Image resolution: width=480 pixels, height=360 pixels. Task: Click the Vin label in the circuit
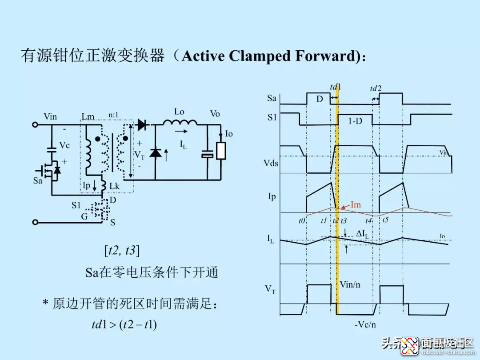[x=50, y=116]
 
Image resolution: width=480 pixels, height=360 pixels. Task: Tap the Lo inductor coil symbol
[x=180, y=123]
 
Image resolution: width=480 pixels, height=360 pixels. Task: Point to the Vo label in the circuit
[x=215, y=114]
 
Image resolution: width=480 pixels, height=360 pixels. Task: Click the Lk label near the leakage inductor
[x=114, y=187]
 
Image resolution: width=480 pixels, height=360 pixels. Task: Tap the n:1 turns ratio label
[x=114, y=115]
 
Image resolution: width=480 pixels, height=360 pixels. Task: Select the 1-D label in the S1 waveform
[x=355, y=120]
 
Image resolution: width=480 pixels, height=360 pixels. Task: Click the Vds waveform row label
[x=270, y=163]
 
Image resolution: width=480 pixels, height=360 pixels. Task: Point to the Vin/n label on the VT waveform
[x=350, y=284]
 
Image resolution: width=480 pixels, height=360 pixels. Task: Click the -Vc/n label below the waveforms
[x=365, y=324]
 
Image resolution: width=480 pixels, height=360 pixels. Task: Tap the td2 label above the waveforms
[x=376, y=89]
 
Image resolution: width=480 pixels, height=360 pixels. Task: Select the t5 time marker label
[x=385, y=219]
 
